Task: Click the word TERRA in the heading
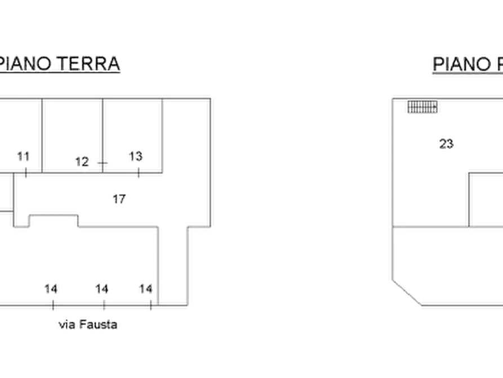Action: tap(88, 63)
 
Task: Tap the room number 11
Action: tap(23, 156)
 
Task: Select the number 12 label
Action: tap(82, 162)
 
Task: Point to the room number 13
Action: tap(135, 156)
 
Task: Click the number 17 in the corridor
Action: tap(119, 199)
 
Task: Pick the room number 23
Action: tap(446, 144)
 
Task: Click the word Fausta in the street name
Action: tap(98, 324)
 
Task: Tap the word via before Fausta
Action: tap(67, 325)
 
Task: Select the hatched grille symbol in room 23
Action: tap(422, 107)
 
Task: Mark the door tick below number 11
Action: tap(26, 172)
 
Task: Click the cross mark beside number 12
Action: tap(103, 163)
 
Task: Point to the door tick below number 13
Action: tap(138, 173)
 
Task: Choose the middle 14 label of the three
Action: tap(102, 289)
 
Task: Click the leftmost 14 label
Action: tap(51, 289)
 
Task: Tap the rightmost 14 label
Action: tap(146, 289)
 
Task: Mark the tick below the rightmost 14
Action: tap(151, 305)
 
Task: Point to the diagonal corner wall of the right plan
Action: tap(407, 293)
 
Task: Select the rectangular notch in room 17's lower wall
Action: tap(54, 221)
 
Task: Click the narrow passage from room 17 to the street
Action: tap(173, 266)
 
